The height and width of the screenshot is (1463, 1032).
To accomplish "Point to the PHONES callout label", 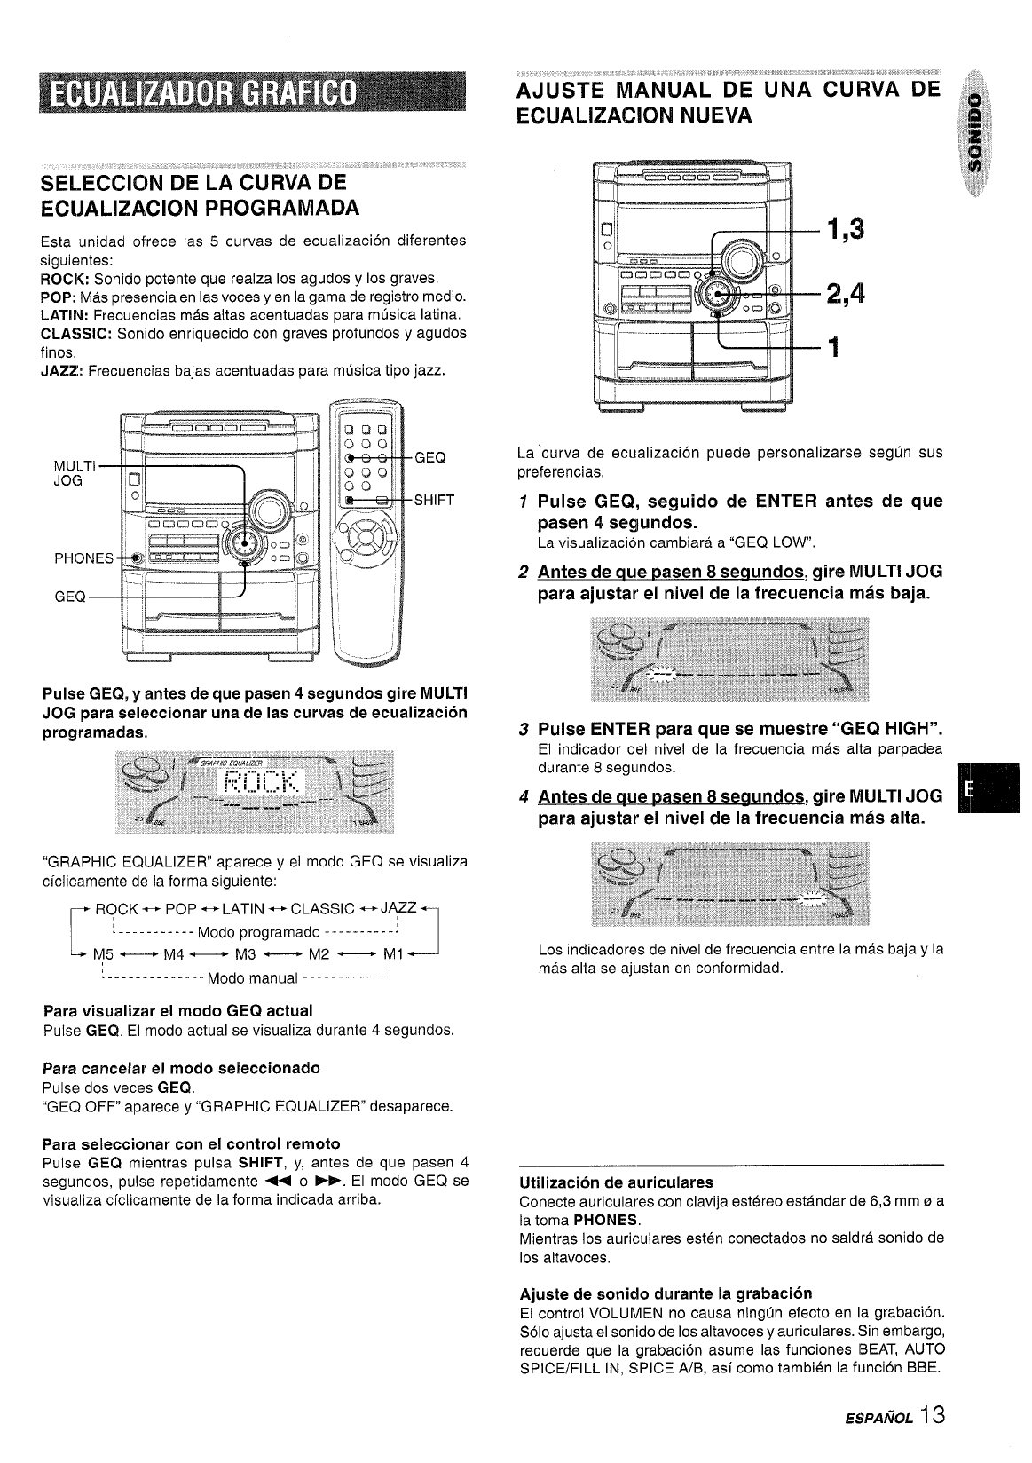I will point(84,558).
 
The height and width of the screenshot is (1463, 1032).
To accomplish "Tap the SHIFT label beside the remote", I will point(434,500).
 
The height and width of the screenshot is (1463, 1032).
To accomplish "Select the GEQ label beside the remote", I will point(430,458).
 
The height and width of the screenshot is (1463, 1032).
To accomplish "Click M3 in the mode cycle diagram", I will point(245,955).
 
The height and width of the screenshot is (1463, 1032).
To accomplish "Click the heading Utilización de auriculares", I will point(617,1182).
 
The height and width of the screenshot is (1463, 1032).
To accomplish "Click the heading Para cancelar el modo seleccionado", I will point(181,1067).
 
